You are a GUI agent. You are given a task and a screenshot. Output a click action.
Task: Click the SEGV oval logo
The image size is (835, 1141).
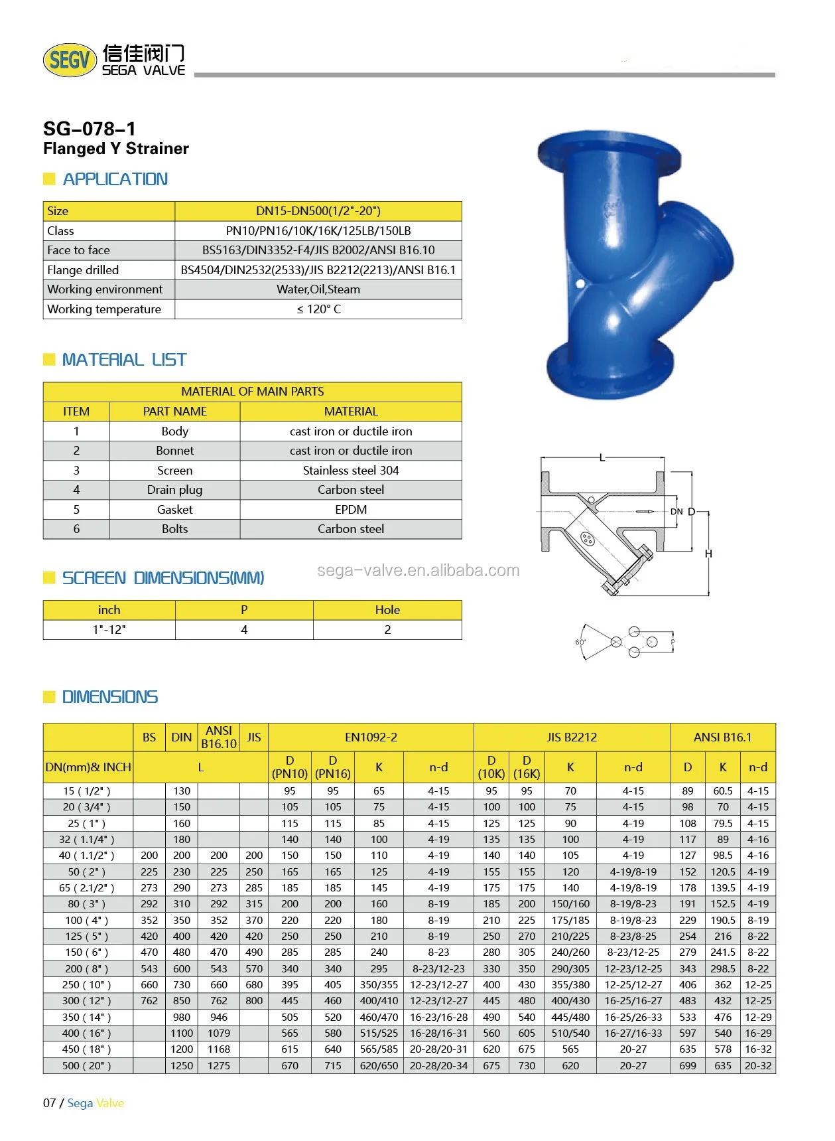point(70,60)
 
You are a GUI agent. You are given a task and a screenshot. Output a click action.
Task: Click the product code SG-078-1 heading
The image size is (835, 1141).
point(89,129)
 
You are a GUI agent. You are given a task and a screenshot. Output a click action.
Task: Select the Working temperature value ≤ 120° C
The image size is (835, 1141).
point(318,309)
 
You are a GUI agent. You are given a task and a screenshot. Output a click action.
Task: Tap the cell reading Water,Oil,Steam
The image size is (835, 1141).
point(318,289)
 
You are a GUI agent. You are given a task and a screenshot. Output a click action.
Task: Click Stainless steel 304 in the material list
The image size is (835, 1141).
point(351,471)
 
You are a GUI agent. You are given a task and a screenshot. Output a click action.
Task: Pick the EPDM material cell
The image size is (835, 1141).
point(351,510)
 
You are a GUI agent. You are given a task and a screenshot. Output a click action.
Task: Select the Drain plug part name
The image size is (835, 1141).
point(174,490)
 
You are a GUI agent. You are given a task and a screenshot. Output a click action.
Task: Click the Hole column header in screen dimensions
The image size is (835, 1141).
point(387,610)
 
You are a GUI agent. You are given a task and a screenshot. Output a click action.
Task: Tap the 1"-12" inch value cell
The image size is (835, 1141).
point(109,630)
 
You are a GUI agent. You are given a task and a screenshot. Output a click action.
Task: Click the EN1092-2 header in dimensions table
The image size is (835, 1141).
point(371,737)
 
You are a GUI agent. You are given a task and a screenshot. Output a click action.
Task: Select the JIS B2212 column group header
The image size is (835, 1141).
point(572,737)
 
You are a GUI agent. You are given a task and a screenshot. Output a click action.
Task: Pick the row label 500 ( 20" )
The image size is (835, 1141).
point(87,1066)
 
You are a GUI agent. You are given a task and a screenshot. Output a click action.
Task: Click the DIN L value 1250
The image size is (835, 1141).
point(182,1066)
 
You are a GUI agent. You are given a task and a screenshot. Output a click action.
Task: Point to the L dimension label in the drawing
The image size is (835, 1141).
point(602,458)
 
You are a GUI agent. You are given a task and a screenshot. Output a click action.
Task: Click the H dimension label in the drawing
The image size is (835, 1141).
point(708,554)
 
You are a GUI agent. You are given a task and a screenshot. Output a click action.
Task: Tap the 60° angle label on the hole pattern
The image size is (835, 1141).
point(580,643)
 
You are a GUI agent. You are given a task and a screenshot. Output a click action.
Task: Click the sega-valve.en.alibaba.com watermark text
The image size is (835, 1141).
point(418,571)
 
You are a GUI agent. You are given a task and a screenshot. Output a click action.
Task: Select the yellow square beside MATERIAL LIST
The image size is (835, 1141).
point(49,360)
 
